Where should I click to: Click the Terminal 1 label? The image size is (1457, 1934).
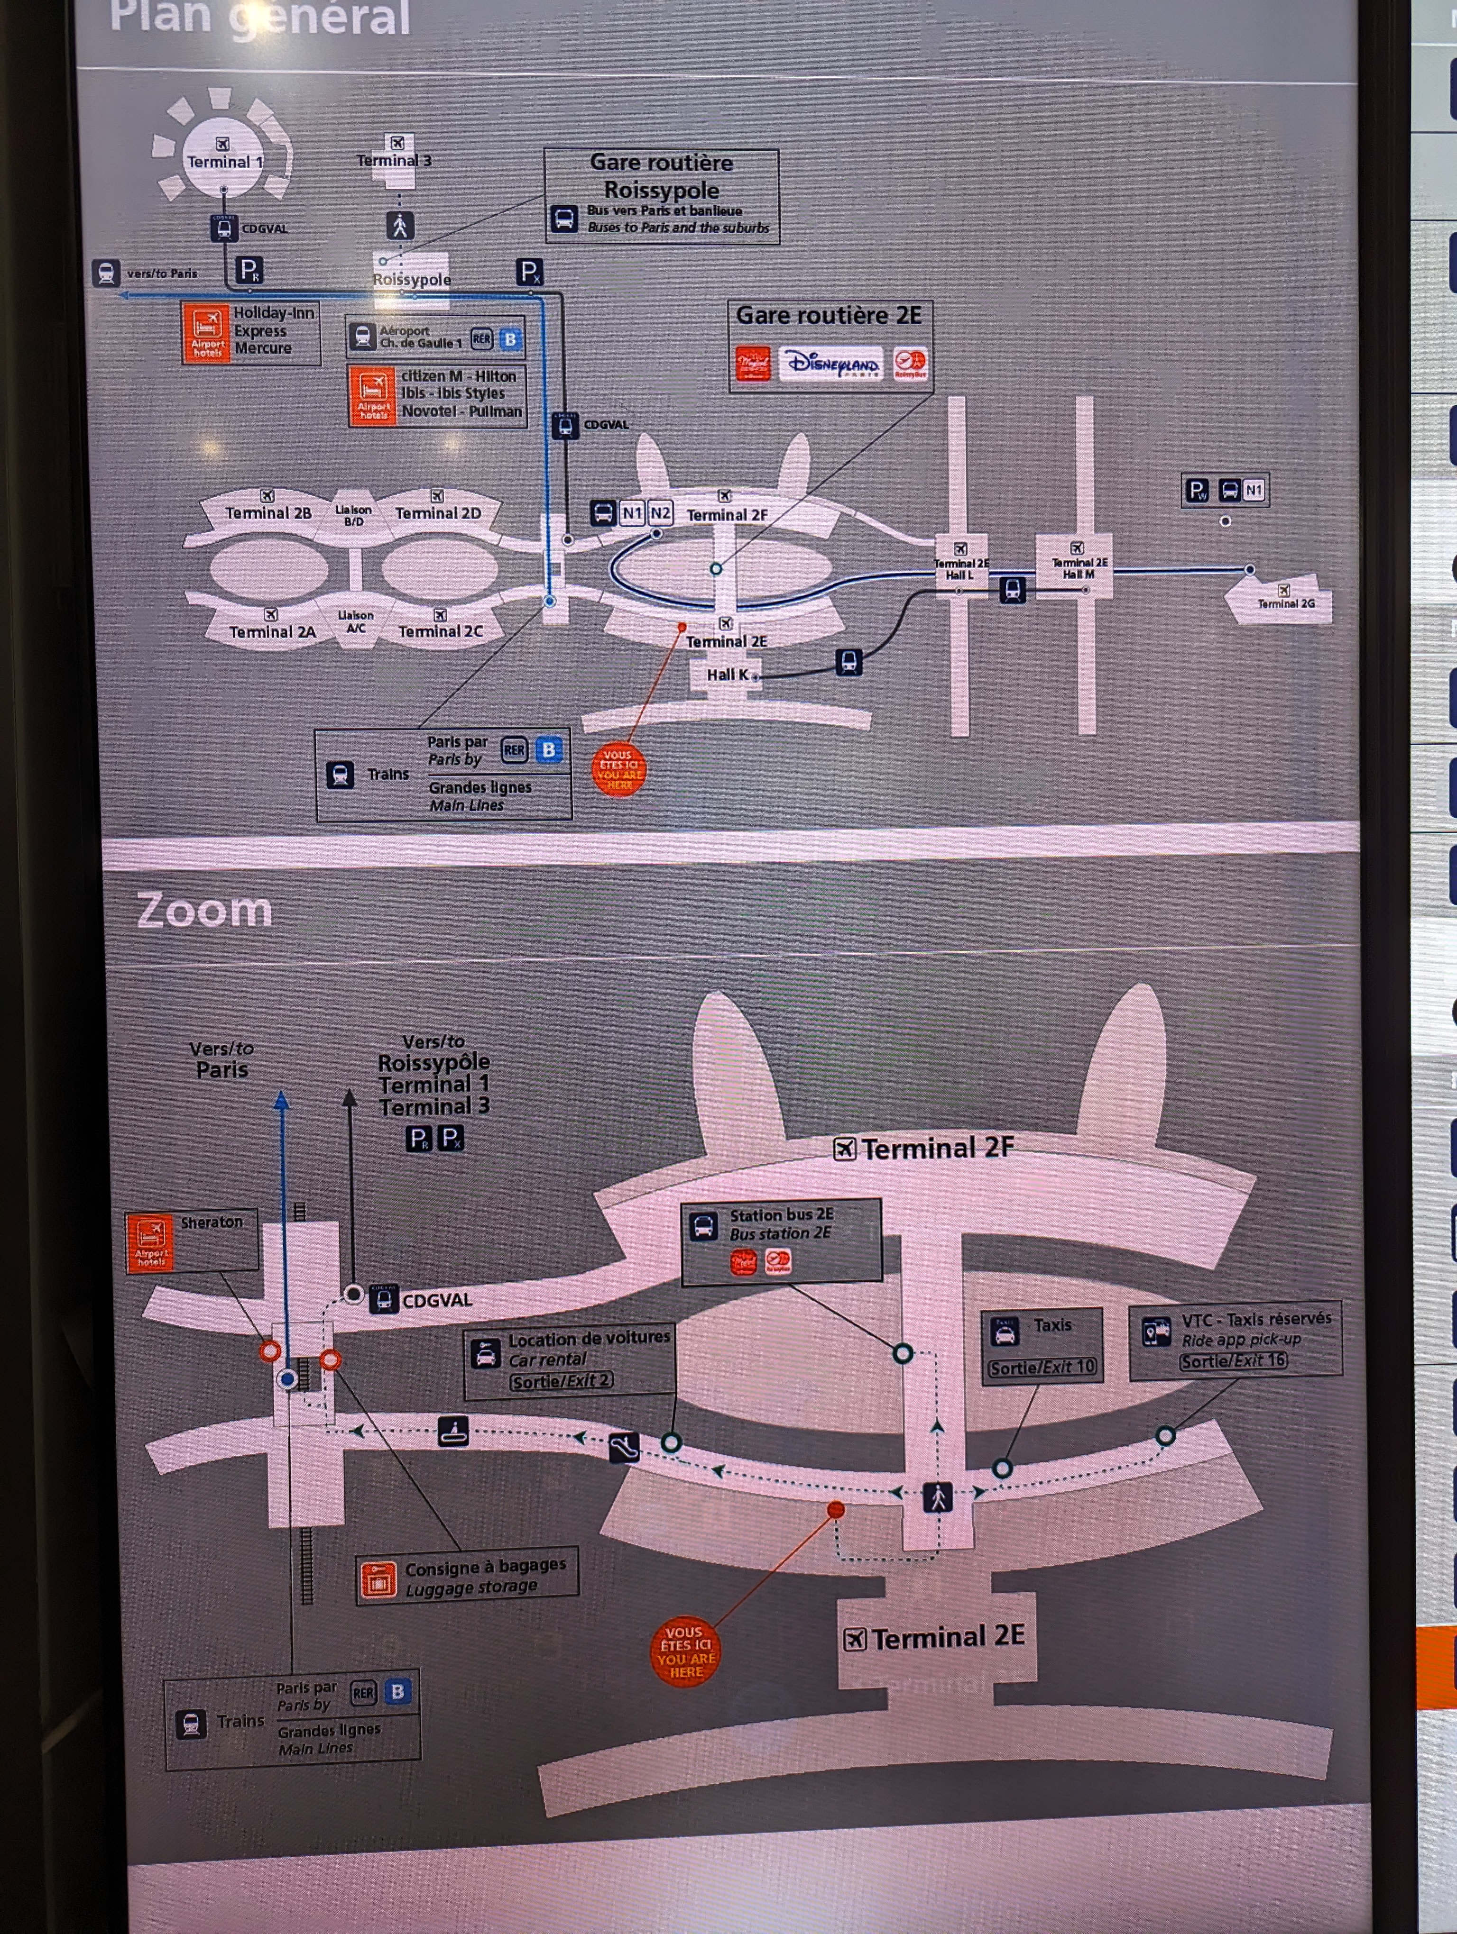224,162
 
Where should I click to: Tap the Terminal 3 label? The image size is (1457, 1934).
394,160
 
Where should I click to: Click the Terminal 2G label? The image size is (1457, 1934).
1286,603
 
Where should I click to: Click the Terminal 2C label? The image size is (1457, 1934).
440,631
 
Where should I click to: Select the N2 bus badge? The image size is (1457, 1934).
660,513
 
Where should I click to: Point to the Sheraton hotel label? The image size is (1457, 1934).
212,1222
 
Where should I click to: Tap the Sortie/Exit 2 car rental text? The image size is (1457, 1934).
562,1380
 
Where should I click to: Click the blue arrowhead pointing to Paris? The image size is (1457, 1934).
282,1100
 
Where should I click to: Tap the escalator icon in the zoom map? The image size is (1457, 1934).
624,1448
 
